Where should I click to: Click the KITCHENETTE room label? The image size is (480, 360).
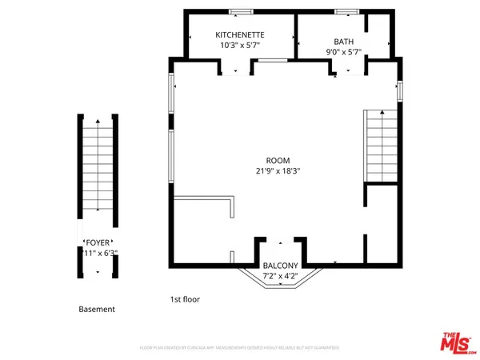pos(240,35)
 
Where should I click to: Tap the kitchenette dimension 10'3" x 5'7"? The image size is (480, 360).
pos(240,46)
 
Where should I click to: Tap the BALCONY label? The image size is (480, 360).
pos(280,266)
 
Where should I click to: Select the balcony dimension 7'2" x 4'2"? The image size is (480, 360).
pos(280,277)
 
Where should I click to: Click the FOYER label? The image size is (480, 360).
pos(98,242)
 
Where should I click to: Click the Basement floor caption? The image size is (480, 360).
pos(97,309)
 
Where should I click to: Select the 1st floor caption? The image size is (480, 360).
pos(185,299)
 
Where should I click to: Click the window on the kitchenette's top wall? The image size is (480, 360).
pos(238,11)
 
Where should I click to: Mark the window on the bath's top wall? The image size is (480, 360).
pos(346,11)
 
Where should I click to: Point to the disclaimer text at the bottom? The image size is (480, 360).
pos(240,348)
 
